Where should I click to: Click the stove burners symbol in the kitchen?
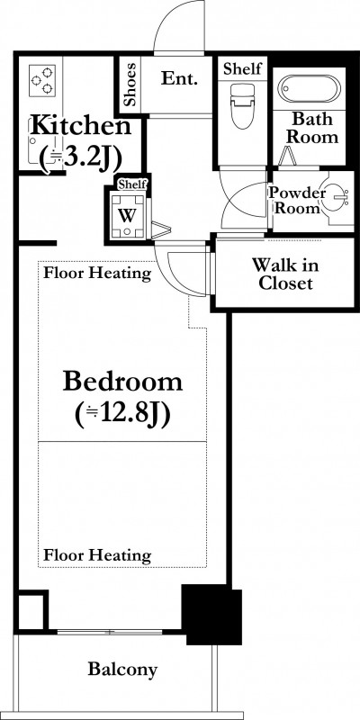(42, 81)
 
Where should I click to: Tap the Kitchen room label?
(80, 125)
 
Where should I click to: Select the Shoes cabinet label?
(130, 85)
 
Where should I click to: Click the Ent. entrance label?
(179, 78)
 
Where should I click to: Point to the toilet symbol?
(241, 106)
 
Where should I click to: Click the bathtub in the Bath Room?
(310, 88)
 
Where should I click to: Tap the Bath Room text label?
(312, 128)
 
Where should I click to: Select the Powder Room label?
(297, 200)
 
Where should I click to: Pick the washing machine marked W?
(127, 214)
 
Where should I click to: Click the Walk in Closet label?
(285, 274)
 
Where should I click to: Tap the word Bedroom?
(122, 381)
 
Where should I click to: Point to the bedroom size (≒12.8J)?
(122, 415)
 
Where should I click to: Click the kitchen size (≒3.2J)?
(80, 158)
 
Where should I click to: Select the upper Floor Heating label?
(97, 274)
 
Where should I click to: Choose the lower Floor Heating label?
(97, 555)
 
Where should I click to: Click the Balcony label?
(122, 669)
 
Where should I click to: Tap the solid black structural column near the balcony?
(211, 615)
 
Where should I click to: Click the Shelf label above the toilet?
(242, 68)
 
